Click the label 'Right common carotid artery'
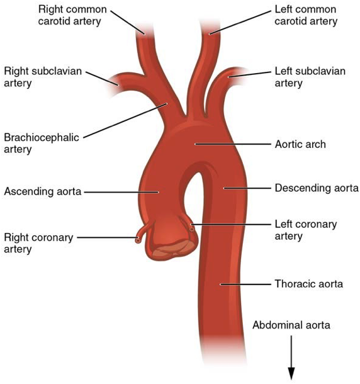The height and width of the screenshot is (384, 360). point(72,15)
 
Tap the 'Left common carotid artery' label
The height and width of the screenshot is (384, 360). point(306,15)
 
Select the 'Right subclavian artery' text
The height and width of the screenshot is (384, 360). point(43,77)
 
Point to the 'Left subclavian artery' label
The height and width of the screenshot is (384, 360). point(310,77)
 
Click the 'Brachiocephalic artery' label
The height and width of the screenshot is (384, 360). point(42,144)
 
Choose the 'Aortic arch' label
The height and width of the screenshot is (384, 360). point(300,144)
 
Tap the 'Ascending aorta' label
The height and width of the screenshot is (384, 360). point(43,191)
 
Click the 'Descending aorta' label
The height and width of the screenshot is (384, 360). point(317,188)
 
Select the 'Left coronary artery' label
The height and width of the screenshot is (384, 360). point(306,230)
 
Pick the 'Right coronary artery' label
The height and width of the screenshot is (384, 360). point(38,243)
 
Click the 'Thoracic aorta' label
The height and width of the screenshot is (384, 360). point(309,284)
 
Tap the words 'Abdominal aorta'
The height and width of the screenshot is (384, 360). point(291,325)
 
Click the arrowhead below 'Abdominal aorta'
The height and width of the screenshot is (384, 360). point(291,374)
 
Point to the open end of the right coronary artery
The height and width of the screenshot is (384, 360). point(138,240)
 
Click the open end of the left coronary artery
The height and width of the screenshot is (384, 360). point(192,229)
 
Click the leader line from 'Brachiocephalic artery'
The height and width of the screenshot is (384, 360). point(125,120)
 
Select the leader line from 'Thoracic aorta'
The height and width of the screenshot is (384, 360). point(245,285)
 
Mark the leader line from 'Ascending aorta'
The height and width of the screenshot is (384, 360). point(121,192)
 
